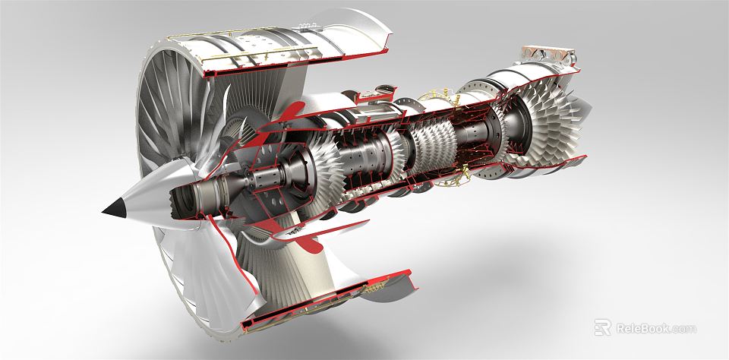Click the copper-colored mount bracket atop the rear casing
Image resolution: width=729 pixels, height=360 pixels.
pyautogui.click(x=546, y=54)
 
